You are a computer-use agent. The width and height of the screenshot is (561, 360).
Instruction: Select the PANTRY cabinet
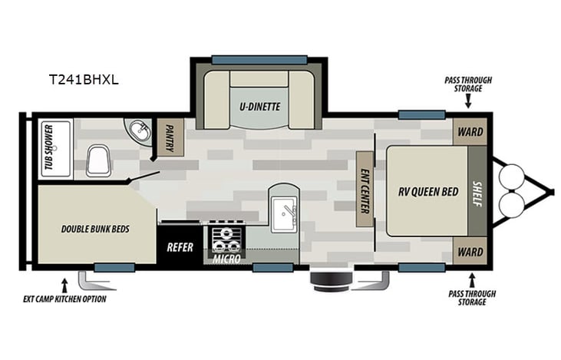(x=170, y=137)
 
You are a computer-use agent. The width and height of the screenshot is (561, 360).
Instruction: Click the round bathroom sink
(x=139, y=132)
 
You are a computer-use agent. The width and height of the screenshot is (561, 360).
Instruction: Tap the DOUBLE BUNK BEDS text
(x=95, y=229)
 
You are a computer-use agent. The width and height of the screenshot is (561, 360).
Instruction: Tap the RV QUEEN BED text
(x=424, y=191)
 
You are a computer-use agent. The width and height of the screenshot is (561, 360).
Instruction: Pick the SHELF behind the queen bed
(x=477, y=190)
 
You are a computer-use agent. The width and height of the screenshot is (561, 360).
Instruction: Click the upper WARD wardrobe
(x=470, y=132)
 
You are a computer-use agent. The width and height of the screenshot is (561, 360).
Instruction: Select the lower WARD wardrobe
(x=470, y=250)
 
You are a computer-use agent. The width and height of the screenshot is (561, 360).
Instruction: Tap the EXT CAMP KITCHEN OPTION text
(x=65, y=299)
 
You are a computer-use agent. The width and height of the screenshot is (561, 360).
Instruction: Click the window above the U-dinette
(x=259, y=59)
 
